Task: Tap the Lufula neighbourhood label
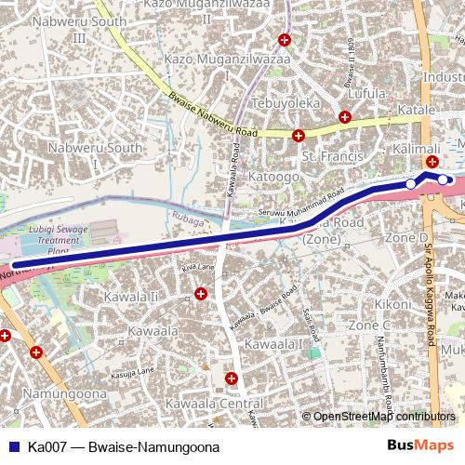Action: coord(365,94)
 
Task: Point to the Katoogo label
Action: coord(275,174)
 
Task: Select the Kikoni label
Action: coord(392,304)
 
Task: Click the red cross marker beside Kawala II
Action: coord(201,295)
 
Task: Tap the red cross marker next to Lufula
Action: coord(345,117)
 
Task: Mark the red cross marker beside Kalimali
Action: coord(432,162)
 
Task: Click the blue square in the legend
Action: coord(12,446)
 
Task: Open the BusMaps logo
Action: coord(420,446)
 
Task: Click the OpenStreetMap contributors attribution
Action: coord(383,417)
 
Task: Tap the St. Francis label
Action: coord(332,156)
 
